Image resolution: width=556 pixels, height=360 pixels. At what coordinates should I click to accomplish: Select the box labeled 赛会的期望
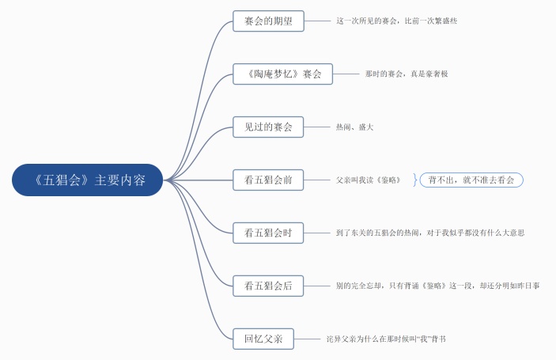point(269,21)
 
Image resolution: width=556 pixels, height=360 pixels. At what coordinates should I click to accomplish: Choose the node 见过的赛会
point(269,127)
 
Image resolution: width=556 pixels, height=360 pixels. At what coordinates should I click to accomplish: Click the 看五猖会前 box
point(269,180)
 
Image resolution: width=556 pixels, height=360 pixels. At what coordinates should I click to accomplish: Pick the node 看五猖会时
point(269,233)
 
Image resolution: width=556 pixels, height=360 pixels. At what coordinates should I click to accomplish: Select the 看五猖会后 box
point(269,286)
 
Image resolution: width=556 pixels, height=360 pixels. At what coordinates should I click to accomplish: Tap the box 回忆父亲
point(264,339)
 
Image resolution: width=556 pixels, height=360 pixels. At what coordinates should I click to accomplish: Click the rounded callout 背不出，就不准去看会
point(471,180)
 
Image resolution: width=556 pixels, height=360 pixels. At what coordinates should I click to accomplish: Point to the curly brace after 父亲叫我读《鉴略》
point(414,180)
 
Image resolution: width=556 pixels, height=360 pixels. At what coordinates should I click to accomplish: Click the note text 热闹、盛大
point(354,127)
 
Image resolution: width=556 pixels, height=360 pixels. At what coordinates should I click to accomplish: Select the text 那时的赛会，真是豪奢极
point(407,74)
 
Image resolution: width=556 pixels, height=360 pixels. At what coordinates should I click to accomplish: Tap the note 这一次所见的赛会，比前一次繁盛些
point(396,21)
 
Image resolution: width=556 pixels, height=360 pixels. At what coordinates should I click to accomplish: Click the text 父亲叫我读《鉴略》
point(369,180)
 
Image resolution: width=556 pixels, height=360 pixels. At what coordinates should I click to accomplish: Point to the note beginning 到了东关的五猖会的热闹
point(430,233)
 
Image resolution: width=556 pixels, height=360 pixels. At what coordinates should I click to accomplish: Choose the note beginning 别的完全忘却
point(437,286)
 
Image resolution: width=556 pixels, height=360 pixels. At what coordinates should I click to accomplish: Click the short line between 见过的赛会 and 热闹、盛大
point(316,127)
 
